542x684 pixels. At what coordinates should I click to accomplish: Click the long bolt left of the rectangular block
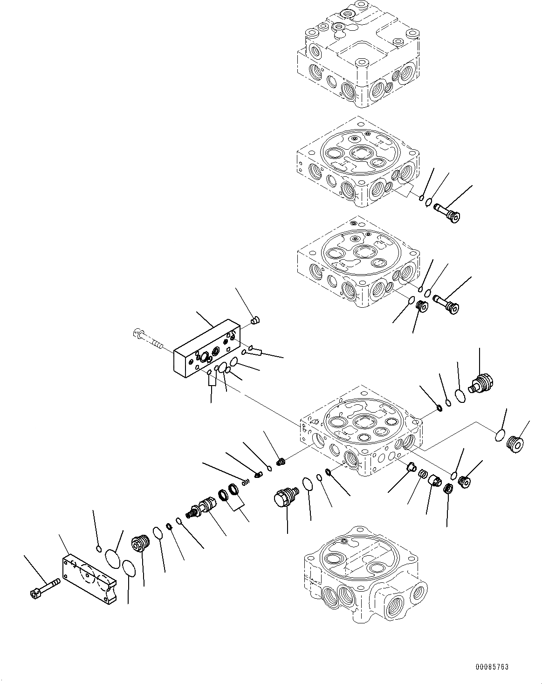[146, 339]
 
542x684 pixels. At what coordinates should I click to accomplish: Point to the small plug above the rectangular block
[255, 320]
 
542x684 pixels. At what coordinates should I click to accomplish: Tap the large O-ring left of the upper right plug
[460, 396]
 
